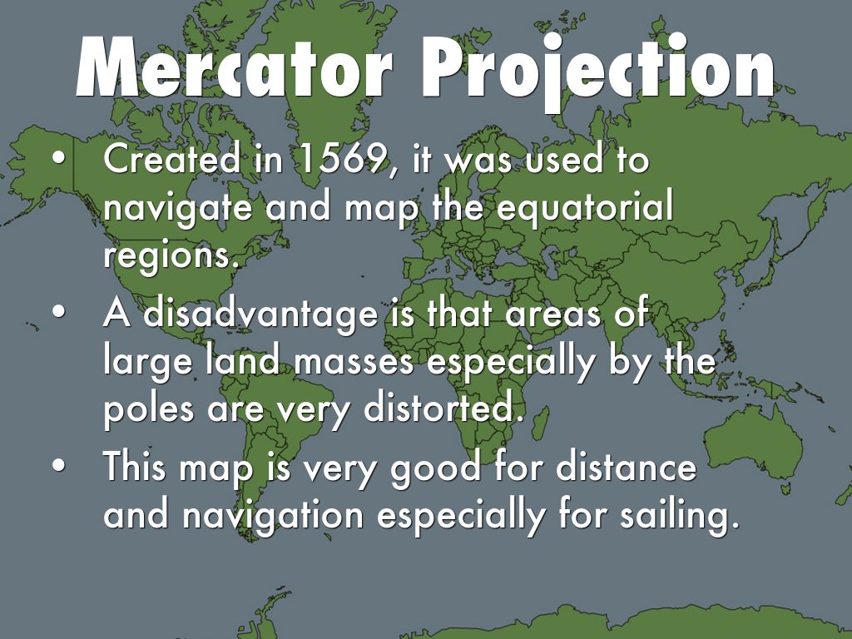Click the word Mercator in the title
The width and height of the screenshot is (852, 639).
pos(234,70)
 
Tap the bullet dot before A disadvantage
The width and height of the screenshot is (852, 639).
pos(57,315)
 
